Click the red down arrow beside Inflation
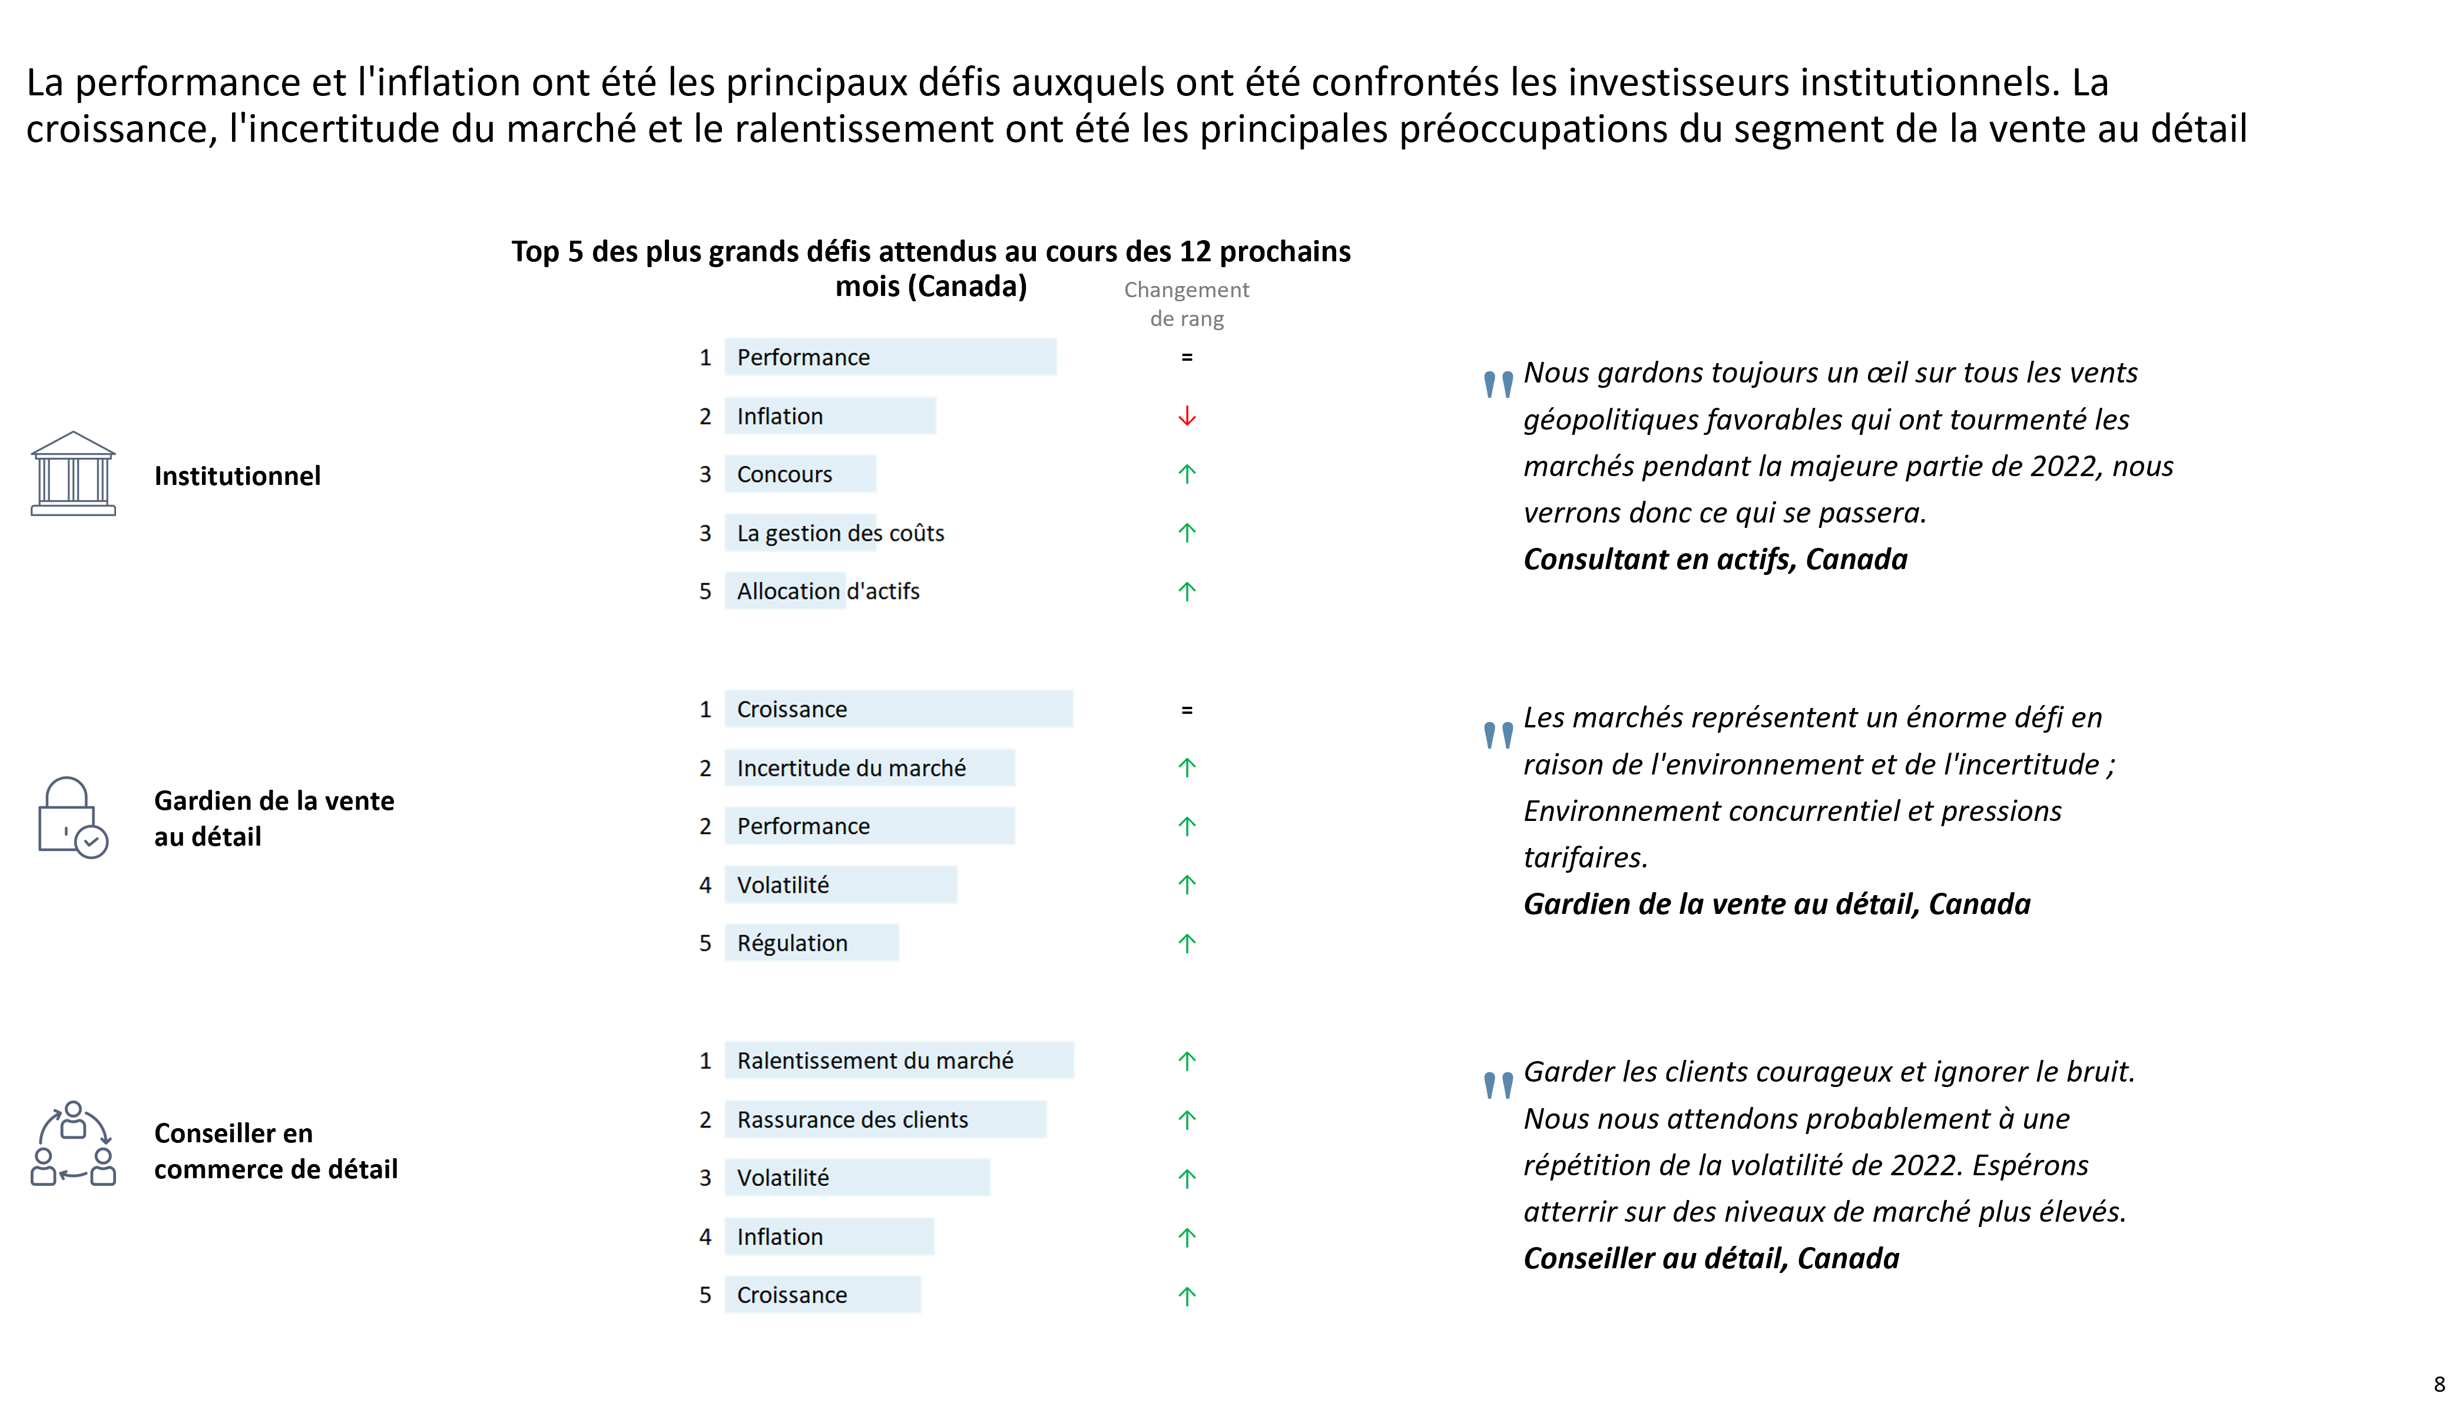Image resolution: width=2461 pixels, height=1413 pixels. (x=1186, y=416)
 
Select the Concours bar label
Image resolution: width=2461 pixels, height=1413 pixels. (x=784, y=474)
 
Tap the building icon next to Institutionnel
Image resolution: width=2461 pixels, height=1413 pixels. (x=73, y=474)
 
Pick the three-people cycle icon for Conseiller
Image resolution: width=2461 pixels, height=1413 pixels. (x=73, y=1143)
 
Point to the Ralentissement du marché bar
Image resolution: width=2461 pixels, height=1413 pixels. (x=899, y=1060)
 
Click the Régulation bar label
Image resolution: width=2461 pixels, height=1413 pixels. (x=792, y=943)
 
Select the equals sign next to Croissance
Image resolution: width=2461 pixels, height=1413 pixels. (x=1186, y=710)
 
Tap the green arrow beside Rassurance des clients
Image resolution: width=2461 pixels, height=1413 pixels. (x=1186, y=1120)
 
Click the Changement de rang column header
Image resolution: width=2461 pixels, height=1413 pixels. (x=1186, y=304)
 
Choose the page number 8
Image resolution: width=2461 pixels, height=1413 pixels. (x=2439, y=1385)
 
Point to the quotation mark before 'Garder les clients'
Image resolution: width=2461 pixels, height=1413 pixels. (x=1499, y=1085)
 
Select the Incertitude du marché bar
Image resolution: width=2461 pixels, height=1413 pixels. (x=870, y=767)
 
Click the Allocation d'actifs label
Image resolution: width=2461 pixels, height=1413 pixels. (x=828, y=591)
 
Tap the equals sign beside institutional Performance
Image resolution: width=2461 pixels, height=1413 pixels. (x=1186, y=358)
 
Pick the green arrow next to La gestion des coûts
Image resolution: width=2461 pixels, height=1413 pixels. (x=1186, y=533)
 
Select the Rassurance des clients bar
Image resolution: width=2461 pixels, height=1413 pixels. (x=885, y=1119)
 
